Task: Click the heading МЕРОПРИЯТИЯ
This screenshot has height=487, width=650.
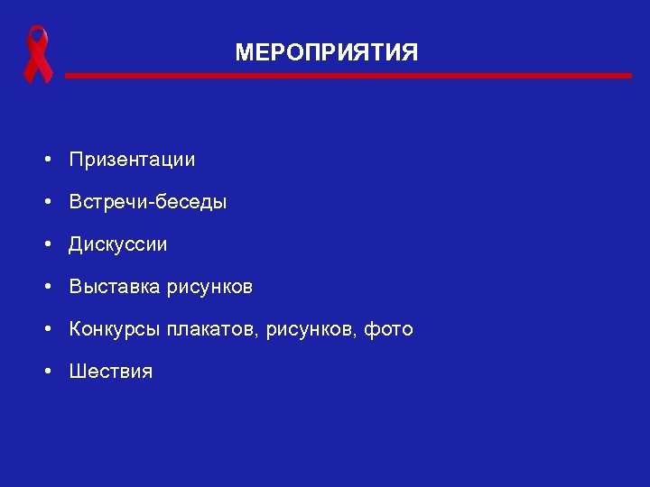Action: pos(326,53)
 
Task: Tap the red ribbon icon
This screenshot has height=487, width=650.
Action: pos(38,55)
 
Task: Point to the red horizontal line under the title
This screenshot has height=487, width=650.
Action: pos(348,76)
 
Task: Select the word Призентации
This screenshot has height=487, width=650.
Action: pos(132,161)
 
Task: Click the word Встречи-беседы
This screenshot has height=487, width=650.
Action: pos(148,202)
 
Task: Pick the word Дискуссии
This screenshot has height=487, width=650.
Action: pos(118,244)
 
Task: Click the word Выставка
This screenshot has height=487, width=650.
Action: pos(115,287)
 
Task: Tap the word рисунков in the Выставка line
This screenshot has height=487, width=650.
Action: pos(210,287)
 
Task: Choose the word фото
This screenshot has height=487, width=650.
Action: pos(389,329)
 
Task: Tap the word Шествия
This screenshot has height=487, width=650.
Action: pos(111,372)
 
